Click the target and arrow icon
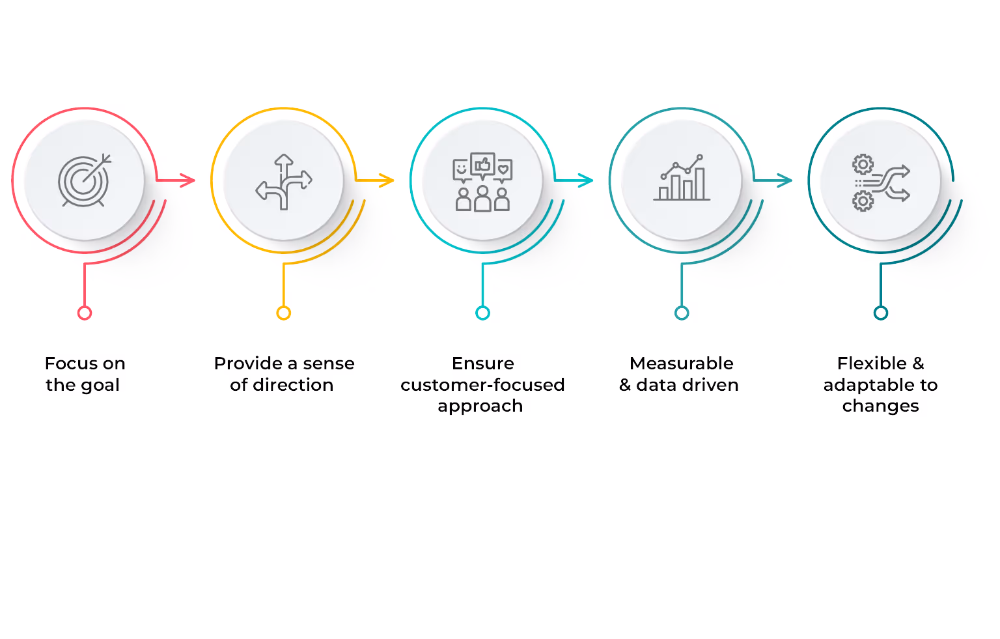point(85,180)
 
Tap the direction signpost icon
point(284,182)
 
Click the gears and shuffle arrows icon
point(881,182)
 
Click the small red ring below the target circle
point(85,313)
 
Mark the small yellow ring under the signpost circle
point(284,313)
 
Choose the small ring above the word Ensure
point(482,313)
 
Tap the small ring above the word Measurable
point(682,313)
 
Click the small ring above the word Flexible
point(881,313)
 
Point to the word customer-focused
point(482,385)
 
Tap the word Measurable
point(682,363)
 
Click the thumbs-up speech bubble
point(482,165)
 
